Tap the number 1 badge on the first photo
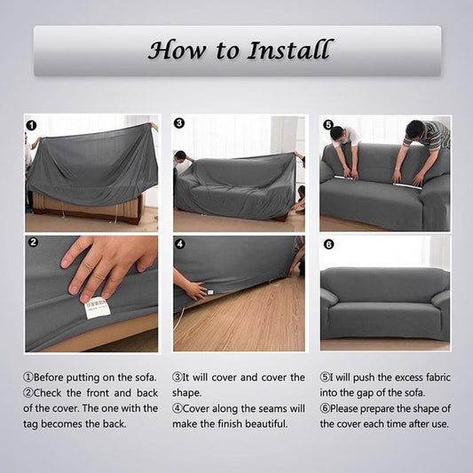pos(32,125)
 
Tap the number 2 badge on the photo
pos(33,241)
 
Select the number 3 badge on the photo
pos(179,124)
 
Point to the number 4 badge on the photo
pos(179,243)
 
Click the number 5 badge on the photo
pos(327,125)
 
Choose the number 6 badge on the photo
pos(328,244)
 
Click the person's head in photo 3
pos(180,157)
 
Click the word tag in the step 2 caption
pos(33,424)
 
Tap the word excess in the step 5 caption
pos(399,377)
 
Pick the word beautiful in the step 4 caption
pos(262,424)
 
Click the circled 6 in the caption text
pos(326,408)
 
